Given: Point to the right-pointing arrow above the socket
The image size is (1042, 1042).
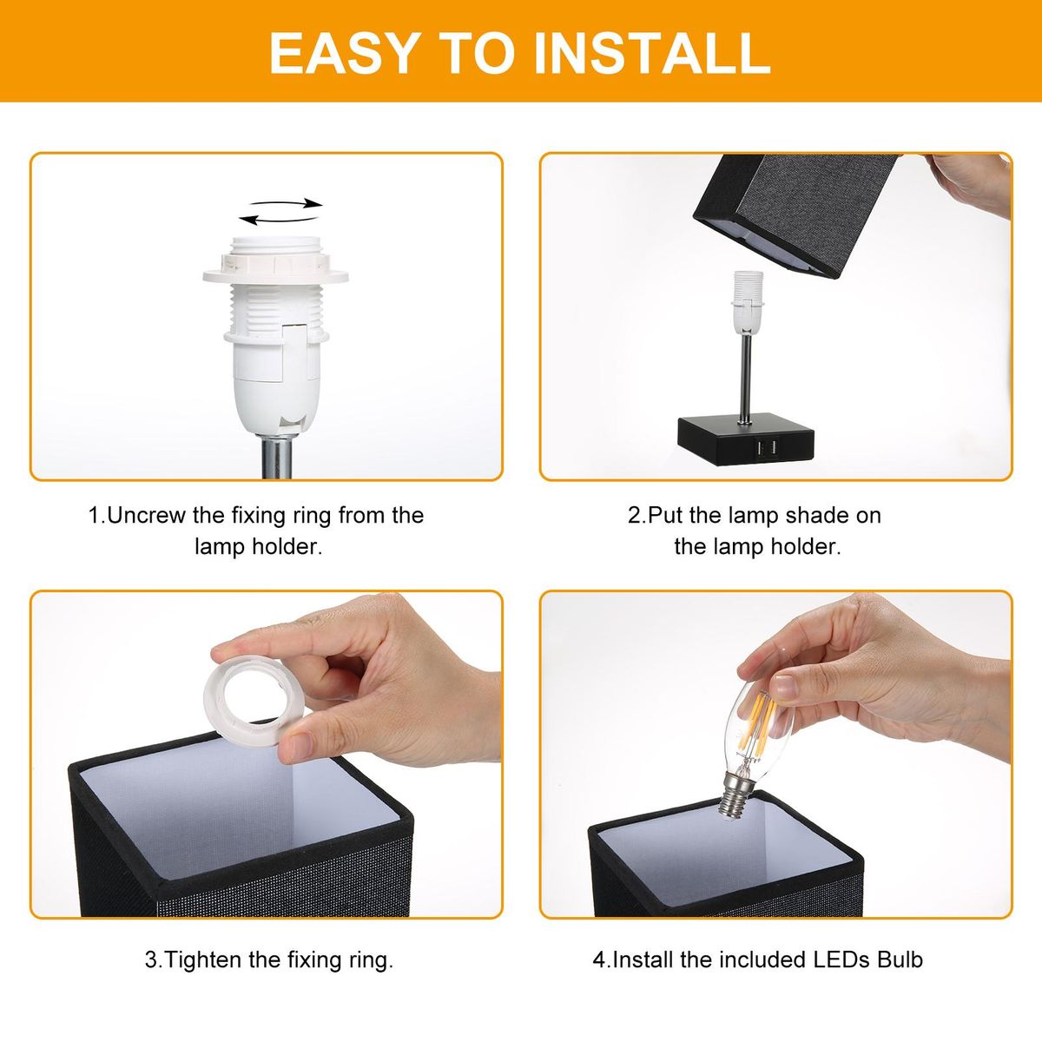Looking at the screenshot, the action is [x=286, y=203].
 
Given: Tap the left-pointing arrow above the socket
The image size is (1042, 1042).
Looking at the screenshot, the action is [x=278, y=220].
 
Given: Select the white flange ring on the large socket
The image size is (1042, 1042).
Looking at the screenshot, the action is [x=276, y=277].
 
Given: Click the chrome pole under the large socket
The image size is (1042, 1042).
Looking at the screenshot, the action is [x=277, y=458].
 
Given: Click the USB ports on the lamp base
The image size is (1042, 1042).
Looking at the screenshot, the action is [x=766, y=448].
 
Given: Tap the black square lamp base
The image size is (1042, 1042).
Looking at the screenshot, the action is [x=746, y=439].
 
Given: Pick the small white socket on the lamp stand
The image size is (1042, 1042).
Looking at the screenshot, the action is [x=749, y=303].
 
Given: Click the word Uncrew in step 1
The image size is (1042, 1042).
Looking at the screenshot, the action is [x=147, y=515].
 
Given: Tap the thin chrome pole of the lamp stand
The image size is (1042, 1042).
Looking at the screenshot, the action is [x=746, y=379].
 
